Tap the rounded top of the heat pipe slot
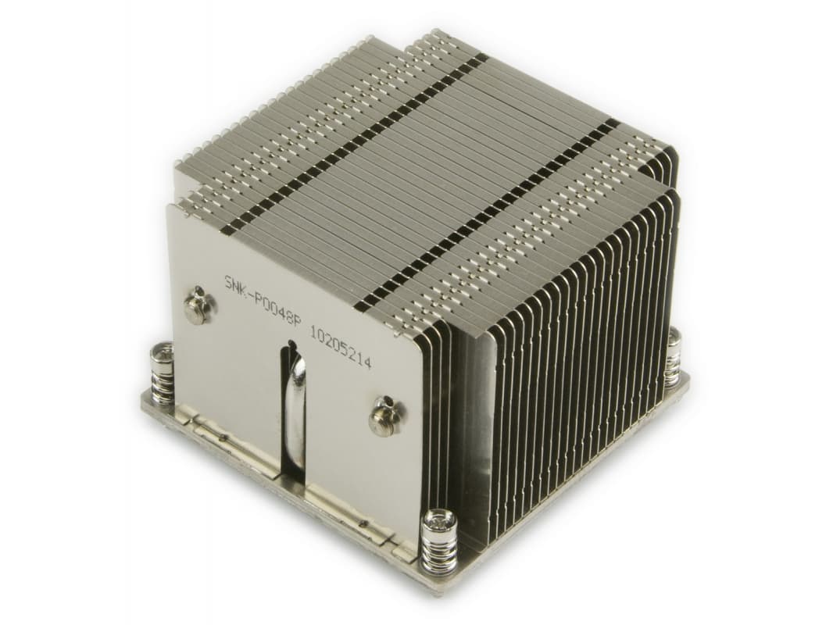(290, 345)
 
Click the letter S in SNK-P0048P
(228, 282)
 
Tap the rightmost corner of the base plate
(689, 378)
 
